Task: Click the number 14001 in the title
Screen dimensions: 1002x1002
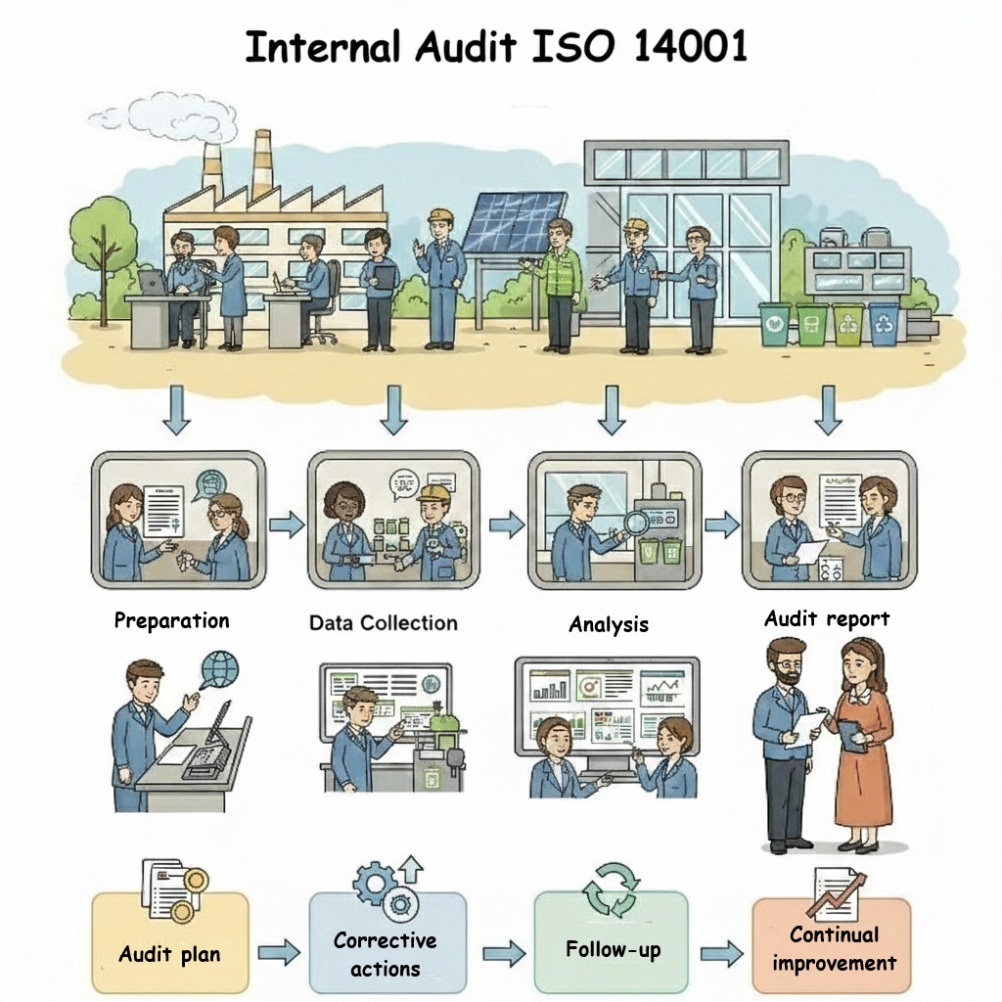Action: point(691,47)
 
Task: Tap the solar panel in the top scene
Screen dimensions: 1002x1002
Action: point(515,222)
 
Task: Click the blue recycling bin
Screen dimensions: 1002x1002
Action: point(884,323)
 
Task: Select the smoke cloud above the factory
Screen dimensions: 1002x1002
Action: point(164,119)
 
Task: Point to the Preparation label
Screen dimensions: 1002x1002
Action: point(171,621)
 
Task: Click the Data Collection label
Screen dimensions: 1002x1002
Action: point(384,623)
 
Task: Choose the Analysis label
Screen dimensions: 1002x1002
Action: point(609,624)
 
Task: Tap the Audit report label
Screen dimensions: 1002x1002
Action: point(827,618)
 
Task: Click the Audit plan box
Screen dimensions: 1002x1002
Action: point(170,942)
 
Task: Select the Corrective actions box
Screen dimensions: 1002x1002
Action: point(387,942)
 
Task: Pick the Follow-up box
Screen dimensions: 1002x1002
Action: point(612,942)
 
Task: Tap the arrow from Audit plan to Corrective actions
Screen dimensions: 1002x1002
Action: point(279,952)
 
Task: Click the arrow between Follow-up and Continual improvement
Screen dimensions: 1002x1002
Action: point(721,953)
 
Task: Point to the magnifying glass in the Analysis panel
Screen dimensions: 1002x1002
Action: point(633,524)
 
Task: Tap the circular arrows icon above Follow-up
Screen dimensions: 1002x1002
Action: point(611,888)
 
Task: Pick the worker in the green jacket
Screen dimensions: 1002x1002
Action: point(559,285)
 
